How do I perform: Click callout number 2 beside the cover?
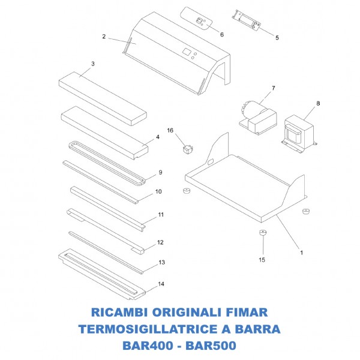[104, 37]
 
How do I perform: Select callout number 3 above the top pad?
[93, 64]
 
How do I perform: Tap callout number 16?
[170, 130]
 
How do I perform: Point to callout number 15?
[261, 260]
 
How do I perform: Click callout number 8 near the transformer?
[318, 103]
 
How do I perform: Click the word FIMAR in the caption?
[245, 313]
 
